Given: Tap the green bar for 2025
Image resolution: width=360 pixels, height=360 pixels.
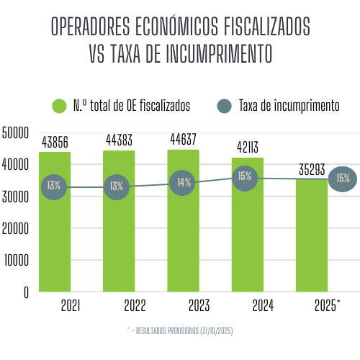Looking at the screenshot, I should click(311, 238).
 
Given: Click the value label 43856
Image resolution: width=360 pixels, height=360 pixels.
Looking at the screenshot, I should click(55, 142).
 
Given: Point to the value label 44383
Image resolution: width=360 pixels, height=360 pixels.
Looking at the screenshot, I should click(120, 140).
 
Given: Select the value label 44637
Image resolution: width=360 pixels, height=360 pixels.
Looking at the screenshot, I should click(184, 139).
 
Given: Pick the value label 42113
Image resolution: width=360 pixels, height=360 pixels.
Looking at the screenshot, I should click(248, 147).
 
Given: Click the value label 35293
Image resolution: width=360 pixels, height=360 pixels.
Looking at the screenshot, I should click(311, 169).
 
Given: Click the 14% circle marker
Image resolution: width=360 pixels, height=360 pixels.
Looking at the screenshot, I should click(184, 182).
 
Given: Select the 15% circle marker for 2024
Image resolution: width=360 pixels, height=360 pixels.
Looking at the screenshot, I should click(246, 177).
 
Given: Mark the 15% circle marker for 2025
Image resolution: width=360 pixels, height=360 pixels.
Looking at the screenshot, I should click(343, 179).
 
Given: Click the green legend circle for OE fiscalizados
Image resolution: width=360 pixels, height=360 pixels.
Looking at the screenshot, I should click(59, 106).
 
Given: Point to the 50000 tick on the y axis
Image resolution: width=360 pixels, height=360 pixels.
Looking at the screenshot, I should click(15, 132).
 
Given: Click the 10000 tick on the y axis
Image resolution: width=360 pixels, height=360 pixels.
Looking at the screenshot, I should click(15, 261).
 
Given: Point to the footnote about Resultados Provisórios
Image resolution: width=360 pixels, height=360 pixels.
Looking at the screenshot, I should click(179, 330).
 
